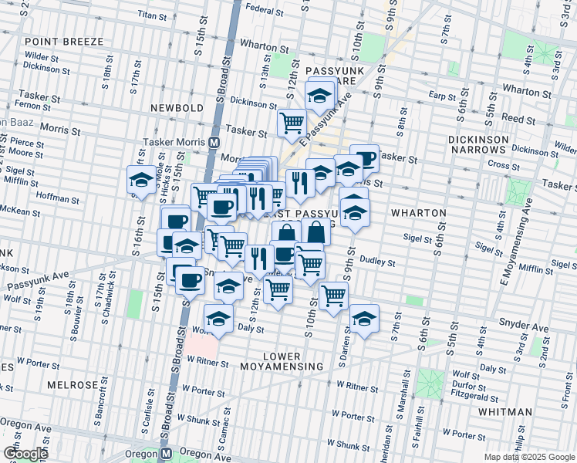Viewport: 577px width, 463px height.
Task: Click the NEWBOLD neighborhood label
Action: coord(177,108)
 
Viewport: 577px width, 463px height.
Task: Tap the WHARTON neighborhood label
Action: coord(419,212)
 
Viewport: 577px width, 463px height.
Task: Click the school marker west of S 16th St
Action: coord(140,181)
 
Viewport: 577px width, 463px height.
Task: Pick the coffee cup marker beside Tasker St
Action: coord(365,159)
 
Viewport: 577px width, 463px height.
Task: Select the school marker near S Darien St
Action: coord(363,316)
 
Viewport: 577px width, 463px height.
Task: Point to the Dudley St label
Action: coord(378,262)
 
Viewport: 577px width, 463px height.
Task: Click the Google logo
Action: coord(25,453)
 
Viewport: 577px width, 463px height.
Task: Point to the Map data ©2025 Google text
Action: coord(529,457)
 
